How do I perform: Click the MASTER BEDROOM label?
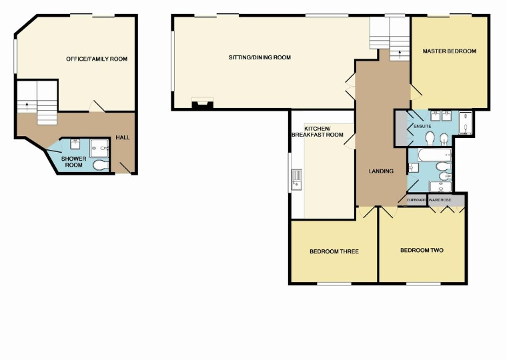pyautogui.click(x=449, y=51)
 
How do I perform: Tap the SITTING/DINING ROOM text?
pyautogui.click(x=260, y=57)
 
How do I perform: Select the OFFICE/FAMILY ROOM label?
pyautogui.click(x=97, y=59)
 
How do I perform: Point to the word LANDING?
pyautogui.click(x=381, y=171)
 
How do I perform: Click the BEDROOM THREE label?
pyautogui.click(x=334, y=251)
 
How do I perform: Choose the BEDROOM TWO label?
pyautogui.click(x=422, y=250)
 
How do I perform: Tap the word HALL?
pyautogui.click(x=123, y=137)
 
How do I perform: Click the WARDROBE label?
pyautogui.click(x=440, y=201)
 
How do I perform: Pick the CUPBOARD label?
pyautogui.click(x=416, y=201)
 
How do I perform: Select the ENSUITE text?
pyautogui.click(x=422, y=127)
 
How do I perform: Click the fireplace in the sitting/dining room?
pyautogui.click(x=203, y=103)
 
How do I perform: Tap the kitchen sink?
pyautogui.click(x=296, y=179)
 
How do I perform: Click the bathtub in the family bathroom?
pyautogui.click(x=434, y=155)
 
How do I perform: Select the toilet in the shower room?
pyautogui.click(x=101, y=165)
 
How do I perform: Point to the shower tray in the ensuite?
pyautogui.click(x=466, y=123)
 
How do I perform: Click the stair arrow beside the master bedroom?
pyautogui.click(x=400, y=53)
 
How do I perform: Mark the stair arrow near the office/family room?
pyautogui.click(x=27, y=106)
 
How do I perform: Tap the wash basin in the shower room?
pyautogui.click(x=75, y=144)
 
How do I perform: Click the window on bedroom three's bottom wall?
pyautogui.click(x=334, y=284)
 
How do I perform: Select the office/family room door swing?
pyautogui.click(x=96, y=106)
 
